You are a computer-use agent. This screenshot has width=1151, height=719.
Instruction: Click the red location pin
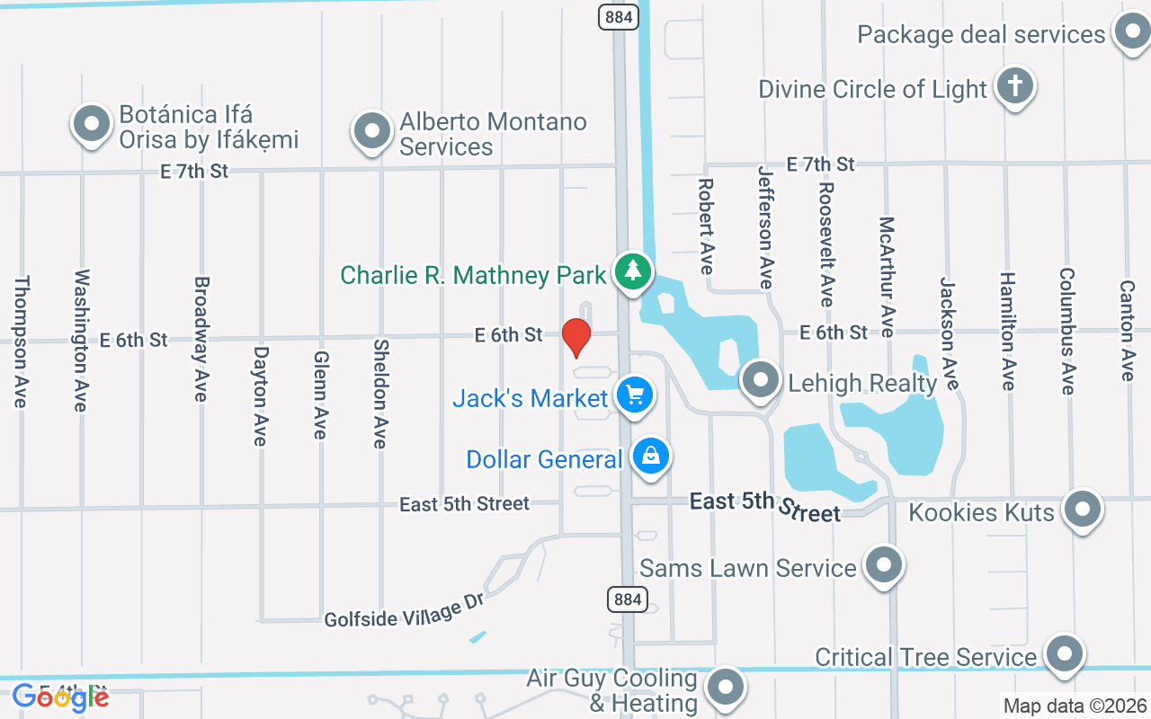(575, 337)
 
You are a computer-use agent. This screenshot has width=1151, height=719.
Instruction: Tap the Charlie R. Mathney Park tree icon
(633, 271)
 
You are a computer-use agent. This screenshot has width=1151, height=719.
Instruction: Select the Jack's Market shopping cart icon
(636, 395)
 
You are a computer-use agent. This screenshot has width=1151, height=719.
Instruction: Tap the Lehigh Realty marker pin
(762, 380)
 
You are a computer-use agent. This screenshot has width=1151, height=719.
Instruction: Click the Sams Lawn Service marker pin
(883, 565)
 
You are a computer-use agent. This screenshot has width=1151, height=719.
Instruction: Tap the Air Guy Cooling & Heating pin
(725, 689)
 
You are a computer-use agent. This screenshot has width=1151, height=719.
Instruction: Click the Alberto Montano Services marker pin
(371, 131)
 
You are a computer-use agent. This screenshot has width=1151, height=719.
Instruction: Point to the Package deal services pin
(1130, 32)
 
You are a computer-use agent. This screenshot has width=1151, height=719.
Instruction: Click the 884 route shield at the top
(617, 15)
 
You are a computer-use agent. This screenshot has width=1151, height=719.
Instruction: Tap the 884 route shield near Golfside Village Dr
(628, 599)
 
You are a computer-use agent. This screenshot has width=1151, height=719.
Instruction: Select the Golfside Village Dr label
(405, 610)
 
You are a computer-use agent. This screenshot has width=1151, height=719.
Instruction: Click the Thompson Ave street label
(20, 342)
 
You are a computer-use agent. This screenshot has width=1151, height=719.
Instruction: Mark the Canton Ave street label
(1127, 330)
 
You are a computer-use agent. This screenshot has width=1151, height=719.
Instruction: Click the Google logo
(60, 697)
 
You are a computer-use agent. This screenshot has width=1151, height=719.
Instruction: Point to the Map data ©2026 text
(1075, 706)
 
